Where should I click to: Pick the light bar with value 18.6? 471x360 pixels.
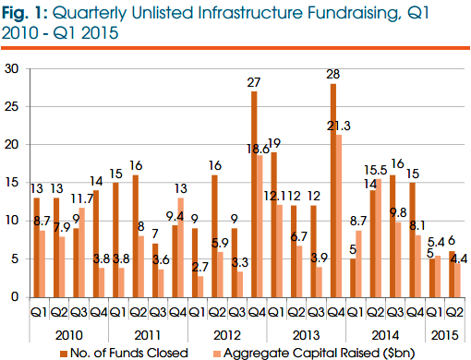point(261,226)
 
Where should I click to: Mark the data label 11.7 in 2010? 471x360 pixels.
point(86,198)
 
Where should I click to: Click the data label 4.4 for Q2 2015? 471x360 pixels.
point(460,258)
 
